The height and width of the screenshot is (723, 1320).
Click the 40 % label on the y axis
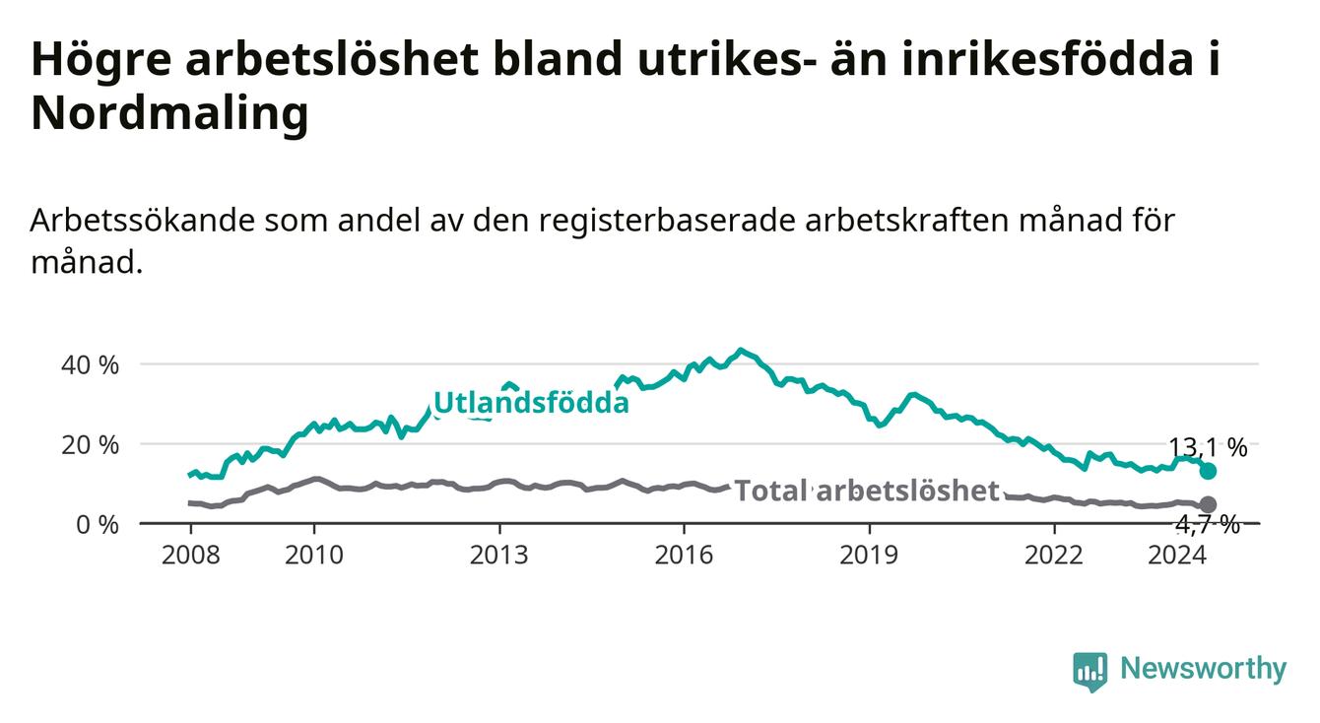click(90, 365)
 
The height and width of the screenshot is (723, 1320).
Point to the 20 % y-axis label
click(90, 445)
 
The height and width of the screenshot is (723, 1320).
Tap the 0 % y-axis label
click(98, 524)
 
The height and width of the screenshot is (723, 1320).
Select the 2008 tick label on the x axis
click(190, 556)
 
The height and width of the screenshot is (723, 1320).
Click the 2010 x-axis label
click(313, 556)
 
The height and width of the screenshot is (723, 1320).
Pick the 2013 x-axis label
click(499, 556)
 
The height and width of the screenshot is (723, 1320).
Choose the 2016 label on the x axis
click(684, 556)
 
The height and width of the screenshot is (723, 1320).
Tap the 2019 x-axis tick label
click(869, 556)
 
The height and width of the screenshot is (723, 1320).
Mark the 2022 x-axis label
click(1054, 556)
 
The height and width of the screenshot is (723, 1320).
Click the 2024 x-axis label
click(1177, 556)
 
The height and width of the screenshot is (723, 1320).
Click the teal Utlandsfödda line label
click(531, 403)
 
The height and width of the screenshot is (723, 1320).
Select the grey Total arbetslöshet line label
click(867, 491)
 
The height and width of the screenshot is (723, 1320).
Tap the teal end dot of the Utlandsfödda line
click(1208, 471)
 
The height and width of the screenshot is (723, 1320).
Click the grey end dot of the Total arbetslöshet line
click(1208, 504)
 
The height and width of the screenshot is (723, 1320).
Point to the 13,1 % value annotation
click(1208, 448)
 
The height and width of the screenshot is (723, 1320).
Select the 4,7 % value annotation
click(1208, 524)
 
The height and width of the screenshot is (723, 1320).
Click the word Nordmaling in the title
click(169, 112)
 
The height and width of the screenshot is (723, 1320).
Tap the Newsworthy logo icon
click(1089, 671)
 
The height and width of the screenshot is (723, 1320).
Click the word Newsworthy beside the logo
click(1204, 669)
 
